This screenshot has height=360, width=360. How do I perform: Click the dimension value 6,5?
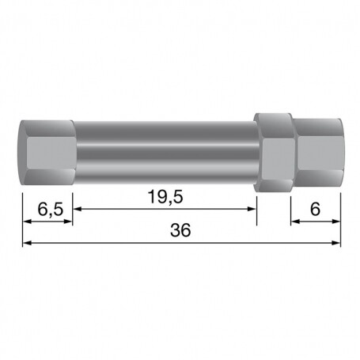[x=51, y=210]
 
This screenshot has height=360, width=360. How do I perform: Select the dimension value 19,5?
[x=165, y=197]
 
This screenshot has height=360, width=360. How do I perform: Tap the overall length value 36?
[x=180, y=230]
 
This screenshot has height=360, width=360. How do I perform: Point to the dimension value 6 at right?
[x=315, y=210]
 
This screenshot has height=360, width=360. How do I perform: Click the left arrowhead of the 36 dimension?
[x=27, y=243]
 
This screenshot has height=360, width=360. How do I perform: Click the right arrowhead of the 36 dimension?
[x=336, y=243]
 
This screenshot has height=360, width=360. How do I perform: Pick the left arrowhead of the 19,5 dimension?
[x=77, y=209]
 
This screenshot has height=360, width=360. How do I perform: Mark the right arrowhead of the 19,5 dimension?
[x=252, y=209]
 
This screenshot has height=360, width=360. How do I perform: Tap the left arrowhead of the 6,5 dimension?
[x=27, y=222]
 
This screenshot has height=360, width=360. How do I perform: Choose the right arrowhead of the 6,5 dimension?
[x=68, y=222]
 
